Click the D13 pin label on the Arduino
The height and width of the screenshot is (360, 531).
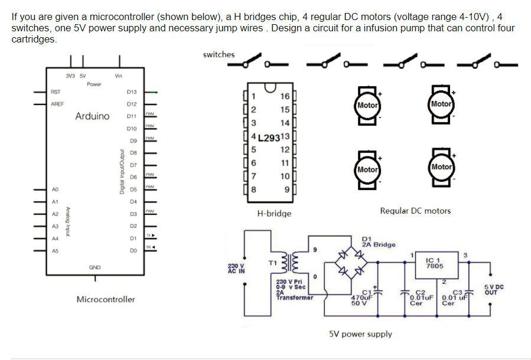(132, 92)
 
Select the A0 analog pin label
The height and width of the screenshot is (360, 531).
(55, 189)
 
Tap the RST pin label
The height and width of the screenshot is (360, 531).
(56, 92)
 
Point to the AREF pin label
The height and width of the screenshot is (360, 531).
(57, 104)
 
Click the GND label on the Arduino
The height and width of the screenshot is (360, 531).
(95, 267)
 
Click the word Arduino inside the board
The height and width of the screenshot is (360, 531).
(92, 116)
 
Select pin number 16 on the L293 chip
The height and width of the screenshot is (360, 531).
(285, 96)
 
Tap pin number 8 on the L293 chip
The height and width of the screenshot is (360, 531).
(253, 190)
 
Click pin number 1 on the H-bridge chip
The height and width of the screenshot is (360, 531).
(253, 96)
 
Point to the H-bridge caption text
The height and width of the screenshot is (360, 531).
(274, 213)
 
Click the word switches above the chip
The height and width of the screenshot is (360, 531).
(219, 54)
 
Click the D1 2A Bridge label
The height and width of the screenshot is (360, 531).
(378, 241)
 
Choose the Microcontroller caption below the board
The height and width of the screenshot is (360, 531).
(106, 299)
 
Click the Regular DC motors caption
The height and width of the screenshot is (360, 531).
(415, 211)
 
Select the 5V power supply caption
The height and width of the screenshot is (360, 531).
(360, 334)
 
